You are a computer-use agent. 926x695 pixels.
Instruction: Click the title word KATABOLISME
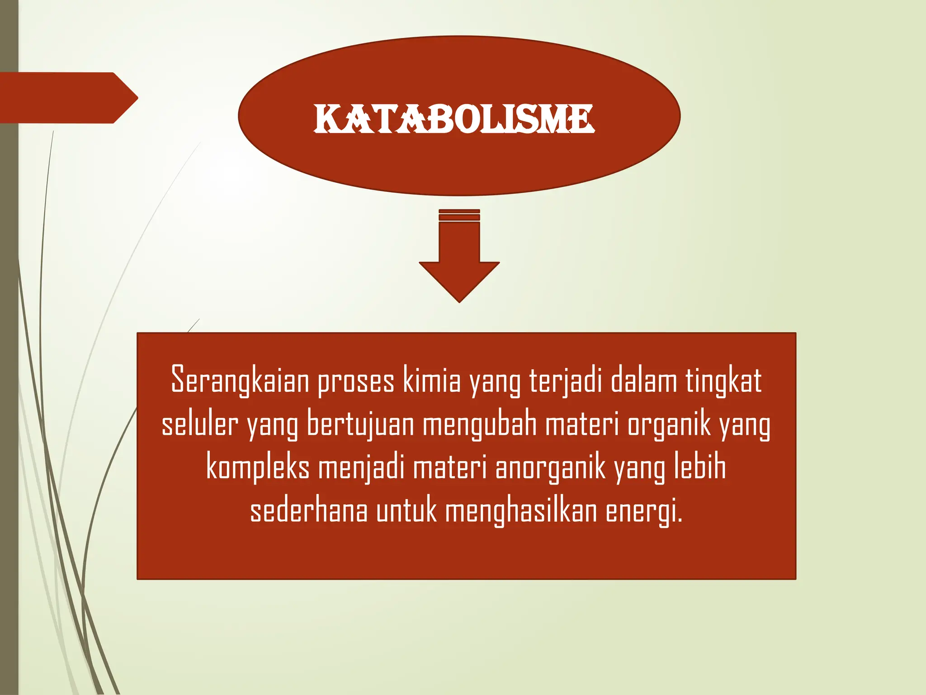pos(454,119)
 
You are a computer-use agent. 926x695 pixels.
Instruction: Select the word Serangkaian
pos(240,380)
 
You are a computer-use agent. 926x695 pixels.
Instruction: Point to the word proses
pos(356,381)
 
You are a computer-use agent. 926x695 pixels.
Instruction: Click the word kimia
pos(432,380)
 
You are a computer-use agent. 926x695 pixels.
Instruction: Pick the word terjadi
pos(566,381)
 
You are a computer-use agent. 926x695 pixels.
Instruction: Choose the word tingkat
pos(723,381)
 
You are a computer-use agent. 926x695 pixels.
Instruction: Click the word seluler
pos(199,424)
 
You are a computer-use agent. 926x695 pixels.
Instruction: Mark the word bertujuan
pos(360,424)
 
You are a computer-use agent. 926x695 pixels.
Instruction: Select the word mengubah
pos(480,424)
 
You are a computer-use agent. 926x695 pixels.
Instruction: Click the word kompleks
pos(258,468)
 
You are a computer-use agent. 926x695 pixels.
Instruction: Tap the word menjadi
pos(361,468)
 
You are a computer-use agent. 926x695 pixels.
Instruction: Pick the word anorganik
pos(550,468)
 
